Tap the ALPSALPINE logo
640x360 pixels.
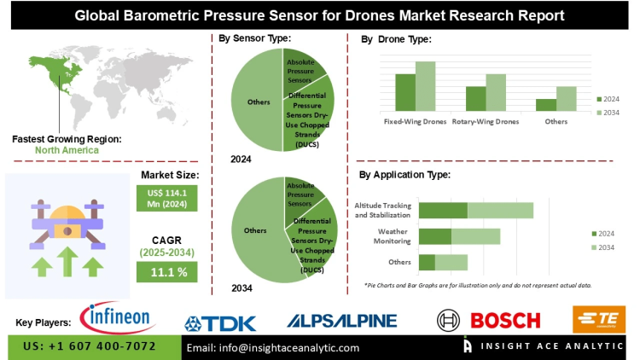[x=341, y=321]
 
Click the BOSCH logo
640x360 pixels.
[x=489, y=321]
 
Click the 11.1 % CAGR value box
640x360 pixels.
[x=167, y=270]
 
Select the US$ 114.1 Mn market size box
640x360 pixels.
[x=167, y=197]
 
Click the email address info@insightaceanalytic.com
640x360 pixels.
[x=273, y=347]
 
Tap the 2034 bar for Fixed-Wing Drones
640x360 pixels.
[x=425, y=86]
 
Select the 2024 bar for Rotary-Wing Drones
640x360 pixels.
[x=475, y=98]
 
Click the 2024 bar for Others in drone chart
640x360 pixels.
[x=546, y=104]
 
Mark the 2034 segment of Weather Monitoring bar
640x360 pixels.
[x=475, y=236]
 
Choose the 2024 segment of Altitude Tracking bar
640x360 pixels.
[x=443, y=210]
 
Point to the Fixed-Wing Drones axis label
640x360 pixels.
[x=415, y=121]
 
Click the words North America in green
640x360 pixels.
[x=67, y=150]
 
